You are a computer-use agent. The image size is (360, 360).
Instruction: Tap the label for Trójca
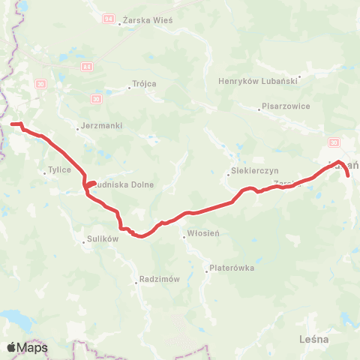[x=143, y=83]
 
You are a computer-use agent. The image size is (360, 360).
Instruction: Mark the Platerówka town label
[x=233, y=267]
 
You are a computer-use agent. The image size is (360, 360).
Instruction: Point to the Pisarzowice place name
[x=286, y=106]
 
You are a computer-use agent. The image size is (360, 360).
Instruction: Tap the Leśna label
[x=313, y=339]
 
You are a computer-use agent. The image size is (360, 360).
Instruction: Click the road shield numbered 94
[x=109, y=16]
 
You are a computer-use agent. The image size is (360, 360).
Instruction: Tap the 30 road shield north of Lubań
[x=333, y=142]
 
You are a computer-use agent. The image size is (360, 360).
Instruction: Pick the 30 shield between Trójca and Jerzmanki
[x=96, y=99]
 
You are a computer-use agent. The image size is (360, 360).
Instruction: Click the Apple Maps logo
[x=27, y=347]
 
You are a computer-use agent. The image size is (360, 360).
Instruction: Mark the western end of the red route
[x=12, y=123]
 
